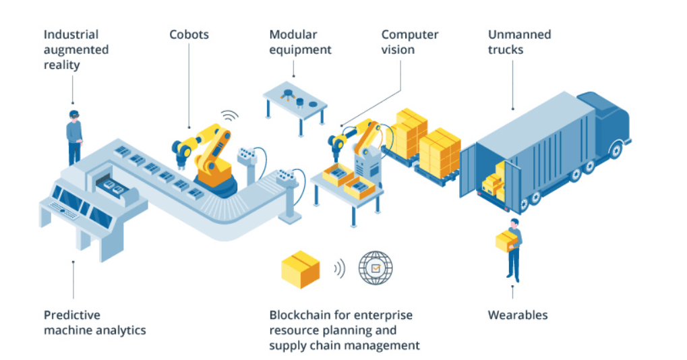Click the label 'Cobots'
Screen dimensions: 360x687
pyautogui.click(x=188, y=34)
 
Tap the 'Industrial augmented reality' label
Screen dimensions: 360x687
pyautogui.click(x=76, y=50)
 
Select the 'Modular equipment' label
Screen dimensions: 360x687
pyautogui.click(x=300, y=42)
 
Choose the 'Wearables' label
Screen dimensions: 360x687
pyautogui.click(x=518, y=315)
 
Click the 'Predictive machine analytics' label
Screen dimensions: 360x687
pyautogui.click(x=94, y=322)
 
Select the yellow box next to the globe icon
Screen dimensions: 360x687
pyautogui.click(x=300, y=269)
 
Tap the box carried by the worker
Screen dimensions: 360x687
pyautogui.click(x=506, y=242)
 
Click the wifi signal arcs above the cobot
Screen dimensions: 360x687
pyautogui.click(x=230, y=115)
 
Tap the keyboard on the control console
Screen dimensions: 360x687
pyautogui.click(x=63, y=212)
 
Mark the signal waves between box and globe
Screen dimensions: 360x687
pyautogui.click(x=339, y=268)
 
